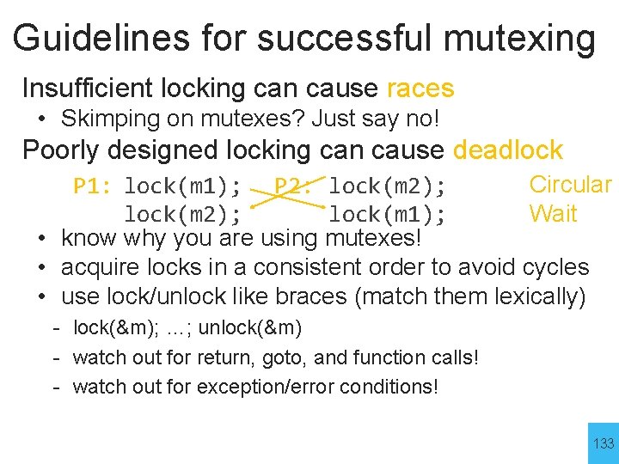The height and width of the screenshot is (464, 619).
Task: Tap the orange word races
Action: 420,88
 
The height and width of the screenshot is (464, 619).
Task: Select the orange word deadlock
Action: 507,150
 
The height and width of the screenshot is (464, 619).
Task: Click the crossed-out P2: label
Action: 293,186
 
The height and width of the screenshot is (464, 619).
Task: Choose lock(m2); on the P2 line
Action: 387,186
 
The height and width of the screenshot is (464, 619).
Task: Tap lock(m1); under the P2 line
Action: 387,214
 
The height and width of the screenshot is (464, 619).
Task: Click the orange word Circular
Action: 570,185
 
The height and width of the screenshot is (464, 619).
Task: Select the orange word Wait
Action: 553,214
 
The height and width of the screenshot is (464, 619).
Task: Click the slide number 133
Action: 604,443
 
